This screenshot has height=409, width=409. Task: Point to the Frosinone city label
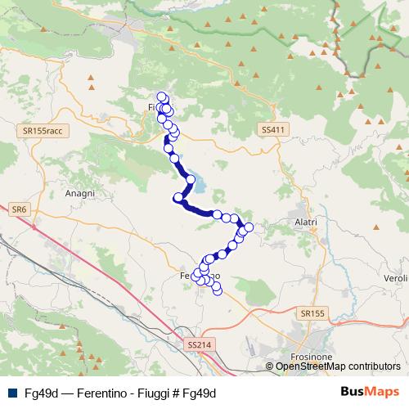tap(310, 357)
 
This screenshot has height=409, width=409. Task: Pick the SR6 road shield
tap(19, 210)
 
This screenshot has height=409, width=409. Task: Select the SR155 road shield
tap(312, 313)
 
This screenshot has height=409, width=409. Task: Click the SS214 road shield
tap(198, 345)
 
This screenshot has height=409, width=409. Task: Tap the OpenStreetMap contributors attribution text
tap(338, 366)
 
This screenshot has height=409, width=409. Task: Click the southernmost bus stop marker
tap(217, 291)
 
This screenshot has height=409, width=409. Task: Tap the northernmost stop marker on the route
tap(162, 97)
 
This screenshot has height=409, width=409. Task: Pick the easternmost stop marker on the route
tap(249, 227)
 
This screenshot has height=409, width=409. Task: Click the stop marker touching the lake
tap(191, 179)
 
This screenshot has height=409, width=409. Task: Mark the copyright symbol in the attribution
tap(270, 366)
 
